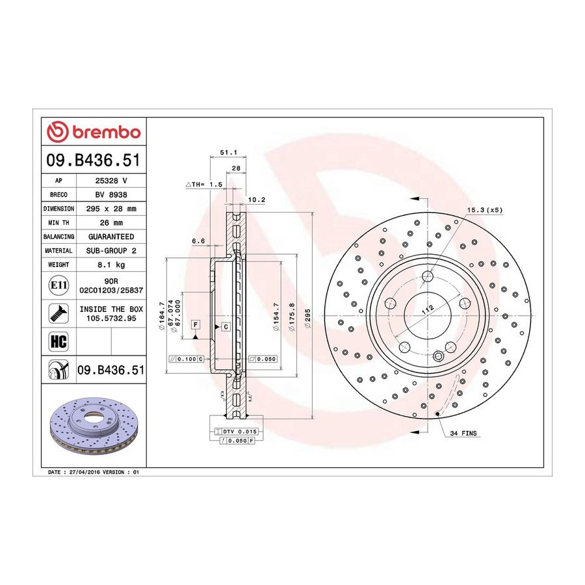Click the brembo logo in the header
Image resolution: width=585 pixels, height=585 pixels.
(x=94, y=132)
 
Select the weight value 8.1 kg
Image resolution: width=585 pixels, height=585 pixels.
(x=111, y=265)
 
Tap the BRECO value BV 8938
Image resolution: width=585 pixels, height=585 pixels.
(x=111, y=195)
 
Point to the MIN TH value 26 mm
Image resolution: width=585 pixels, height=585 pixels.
(x=111, y=223)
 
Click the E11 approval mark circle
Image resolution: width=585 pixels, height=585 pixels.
(x=58, y=285)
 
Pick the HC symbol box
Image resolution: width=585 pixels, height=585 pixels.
(x=58, y=341)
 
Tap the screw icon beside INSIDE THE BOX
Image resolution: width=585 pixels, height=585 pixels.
(x=58, y=313)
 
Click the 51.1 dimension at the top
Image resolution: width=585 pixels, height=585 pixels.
(x=228, y=152)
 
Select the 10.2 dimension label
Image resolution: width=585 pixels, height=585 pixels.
(x=257, y=200)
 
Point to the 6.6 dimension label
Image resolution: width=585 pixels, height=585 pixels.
(x=198, y=241)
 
